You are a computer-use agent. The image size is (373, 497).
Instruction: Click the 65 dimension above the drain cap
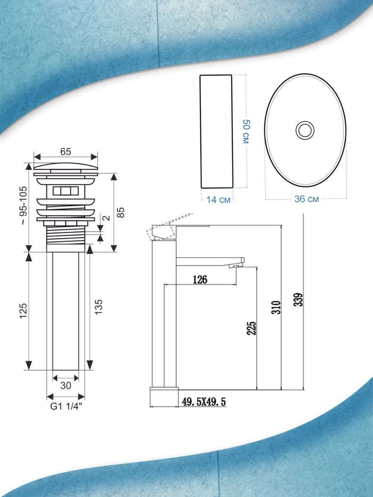tap(65, 152)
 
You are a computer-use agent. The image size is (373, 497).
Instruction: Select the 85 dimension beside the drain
tap(121, 212)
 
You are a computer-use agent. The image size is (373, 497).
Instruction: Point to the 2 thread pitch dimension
tap(107, 218)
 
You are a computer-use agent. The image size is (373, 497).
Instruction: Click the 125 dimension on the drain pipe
tap(24, 311)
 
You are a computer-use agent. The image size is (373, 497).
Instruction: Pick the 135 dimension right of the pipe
tap(99, 307)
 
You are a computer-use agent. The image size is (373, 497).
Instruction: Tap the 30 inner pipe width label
tap(65, 386)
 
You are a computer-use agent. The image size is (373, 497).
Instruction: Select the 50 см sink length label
tap(246, 132)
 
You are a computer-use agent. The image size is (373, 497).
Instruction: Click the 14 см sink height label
tap(218, 200)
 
